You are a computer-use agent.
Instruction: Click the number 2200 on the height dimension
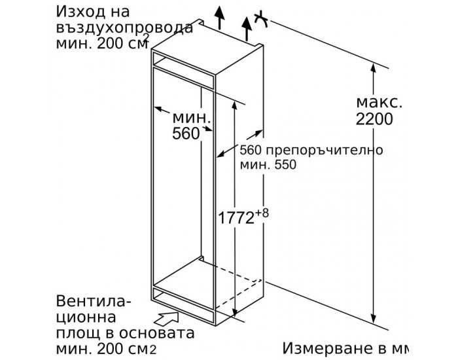tap(375, 119)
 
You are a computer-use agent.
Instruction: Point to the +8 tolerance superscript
tap(262, 210)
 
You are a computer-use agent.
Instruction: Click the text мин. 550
tap(267, 166)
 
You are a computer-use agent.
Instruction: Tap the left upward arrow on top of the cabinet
tap(219, 15)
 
